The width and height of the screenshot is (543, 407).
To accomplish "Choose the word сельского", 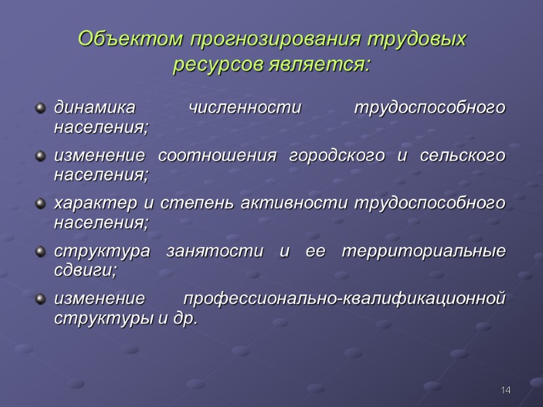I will tap(463, 156).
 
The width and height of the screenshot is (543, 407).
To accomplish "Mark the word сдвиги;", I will tap(86, 269).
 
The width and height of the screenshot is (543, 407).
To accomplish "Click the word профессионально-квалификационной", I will tap(345, 299).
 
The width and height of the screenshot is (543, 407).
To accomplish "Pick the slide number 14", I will tap(505, 391).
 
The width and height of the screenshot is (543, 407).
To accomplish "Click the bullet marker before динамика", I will tap(41, 108).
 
